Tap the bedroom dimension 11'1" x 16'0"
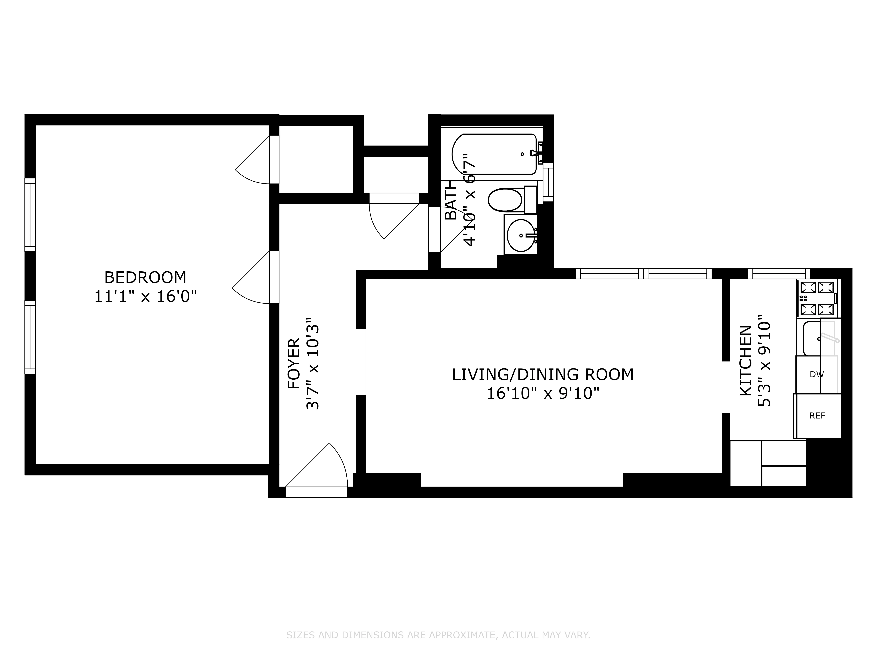145,297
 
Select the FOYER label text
294,363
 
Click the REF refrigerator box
817,416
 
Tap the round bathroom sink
520,235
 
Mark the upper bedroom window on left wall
30,215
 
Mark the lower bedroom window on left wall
30,337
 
